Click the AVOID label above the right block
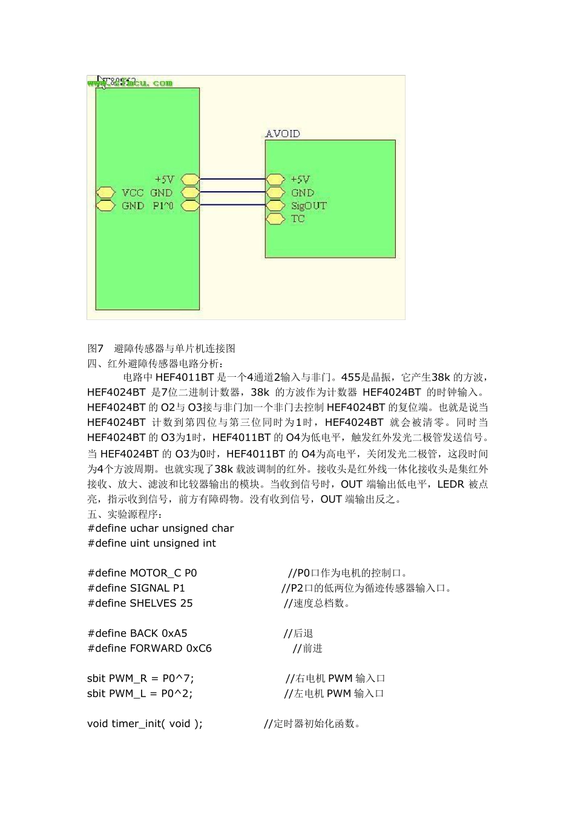coord(283,134)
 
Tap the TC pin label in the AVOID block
coord(298,219)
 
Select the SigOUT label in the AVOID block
coord(309,206)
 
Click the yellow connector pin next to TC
coord(275,219)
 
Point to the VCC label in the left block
coord(133,193)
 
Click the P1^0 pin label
coord(163,206)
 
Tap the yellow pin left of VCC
coord(105,193)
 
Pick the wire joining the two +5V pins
coord(232,180)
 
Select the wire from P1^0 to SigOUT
coord(232,206)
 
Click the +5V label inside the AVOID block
coord(300,180)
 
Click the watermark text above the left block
coord(130,83)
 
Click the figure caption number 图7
coord(96,348)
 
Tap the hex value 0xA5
coord(174,633)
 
